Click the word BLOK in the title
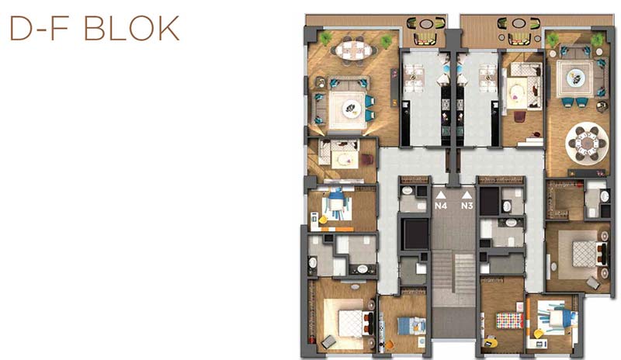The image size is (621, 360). pos(131,28)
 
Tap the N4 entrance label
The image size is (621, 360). pos(441,206)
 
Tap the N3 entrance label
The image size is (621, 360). pos(467,206)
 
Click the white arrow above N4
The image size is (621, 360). pos(441,195)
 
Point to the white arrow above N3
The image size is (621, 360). pos(467,195)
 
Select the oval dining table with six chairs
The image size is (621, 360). pos(354,50)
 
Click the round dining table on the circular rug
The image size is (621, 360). pos(587,143)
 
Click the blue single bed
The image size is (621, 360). pos(411,326)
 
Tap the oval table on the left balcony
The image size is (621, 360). pos(425,24)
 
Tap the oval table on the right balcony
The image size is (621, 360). pos(519,23)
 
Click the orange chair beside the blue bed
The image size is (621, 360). pos(390,344)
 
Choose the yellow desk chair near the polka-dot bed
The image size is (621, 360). pos(490,341)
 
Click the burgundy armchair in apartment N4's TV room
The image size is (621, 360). pos(366,159)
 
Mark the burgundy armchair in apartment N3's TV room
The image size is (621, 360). pos(520,116)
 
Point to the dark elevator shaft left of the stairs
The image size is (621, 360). pos(415,234)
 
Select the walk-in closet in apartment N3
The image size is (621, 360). pos(564,199)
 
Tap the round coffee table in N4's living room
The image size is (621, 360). pos(351,107)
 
